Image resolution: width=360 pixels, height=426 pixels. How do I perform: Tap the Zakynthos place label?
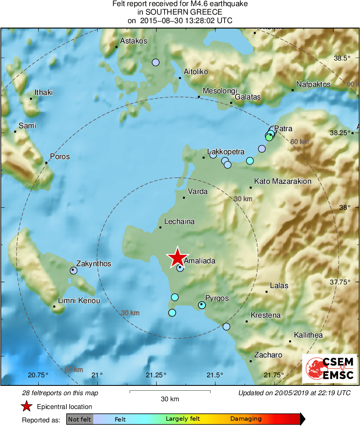(94, 264)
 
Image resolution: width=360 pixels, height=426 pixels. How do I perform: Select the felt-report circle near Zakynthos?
(73, 270)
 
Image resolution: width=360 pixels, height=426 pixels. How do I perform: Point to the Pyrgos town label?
(217, 298)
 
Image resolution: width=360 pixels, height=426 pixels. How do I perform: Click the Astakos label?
(134, 41)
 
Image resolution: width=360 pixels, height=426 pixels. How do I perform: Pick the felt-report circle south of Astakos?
(155, 62)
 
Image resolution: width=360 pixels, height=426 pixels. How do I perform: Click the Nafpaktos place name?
(313, 84)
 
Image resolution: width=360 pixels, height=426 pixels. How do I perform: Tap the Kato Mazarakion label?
(283, 181)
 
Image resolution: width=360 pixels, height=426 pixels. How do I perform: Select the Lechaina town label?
(179, 222)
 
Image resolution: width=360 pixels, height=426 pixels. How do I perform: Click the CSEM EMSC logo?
(330, 368)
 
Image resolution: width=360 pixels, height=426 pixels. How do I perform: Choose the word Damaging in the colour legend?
(246, 419)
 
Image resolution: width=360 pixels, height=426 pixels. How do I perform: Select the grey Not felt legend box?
(79, 419)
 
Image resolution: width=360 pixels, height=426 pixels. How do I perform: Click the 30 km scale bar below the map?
(170, 392)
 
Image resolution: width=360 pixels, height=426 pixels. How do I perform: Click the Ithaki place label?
(44, 93)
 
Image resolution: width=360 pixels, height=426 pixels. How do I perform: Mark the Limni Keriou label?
(79, 301)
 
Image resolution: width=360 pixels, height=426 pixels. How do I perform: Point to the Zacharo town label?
(268, 355)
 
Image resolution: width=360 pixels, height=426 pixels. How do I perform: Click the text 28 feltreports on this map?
(60, 393)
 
